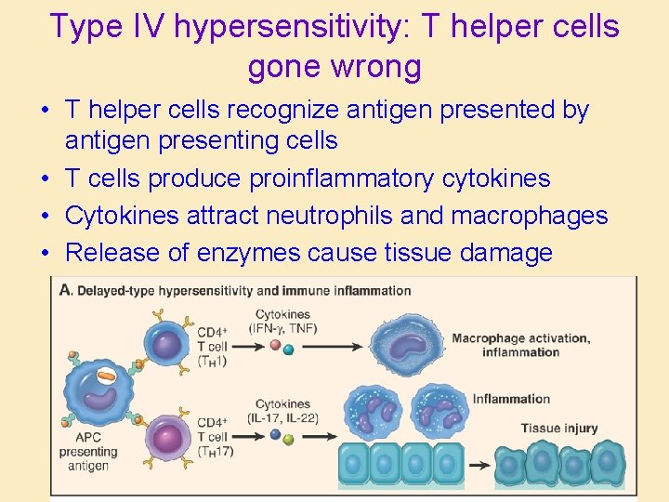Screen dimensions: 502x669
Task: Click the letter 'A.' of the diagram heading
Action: pyautogui.click(x=66, y=290)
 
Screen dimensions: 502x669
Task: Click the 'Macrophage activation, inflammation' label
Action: pyautogui.click(x=520, y=345)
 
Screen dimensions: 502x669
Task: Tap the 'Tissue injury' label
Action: pyautogui.click(x=558, y=429)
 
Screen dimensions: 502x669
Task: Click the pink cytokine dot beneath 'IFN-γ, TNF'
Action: pyautogui.click(x=274, y=346)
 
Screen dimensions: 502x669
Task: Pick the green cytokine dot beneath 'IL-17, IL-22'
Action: pyautogui.click(x=288, y=438)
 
